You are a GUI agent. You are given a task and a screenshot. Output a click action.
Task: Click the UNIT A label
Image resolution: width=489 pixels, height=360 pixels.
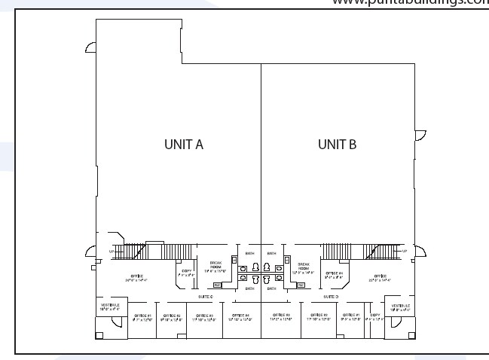pos(184,145)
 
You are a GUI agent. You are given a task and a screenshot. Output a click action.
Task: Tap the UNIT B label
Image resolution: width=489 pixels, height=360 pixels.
pos(337,145)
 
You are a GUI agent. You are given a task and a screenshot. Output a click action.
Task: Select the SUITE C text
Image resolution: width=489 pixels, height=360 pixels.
pos(205,297)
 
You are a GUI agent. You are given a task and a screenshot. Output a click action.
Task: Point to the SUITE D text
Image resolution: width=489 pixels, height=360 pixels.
pos(331,297)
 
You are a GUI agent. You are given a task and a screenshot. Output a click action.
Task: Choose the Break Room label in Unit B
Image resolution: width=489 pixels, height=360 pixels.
pos(304,267)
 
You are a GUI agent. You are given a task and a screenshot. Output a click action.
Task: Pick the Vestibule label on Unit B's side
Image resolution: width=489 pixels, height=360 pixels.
pos(399,307)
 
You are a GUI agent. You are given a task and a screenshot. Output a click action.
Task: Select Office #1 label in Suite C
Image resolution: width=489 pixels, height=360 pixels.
pos(142,317)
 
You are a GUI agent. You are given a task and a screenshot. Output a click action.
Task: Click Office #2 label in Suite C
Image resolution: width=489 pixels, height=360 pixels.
pos(173,317)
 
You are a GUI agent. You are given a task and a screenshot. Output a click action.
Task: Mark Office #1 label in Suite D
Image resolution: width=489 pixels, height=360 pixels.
pos(352,317)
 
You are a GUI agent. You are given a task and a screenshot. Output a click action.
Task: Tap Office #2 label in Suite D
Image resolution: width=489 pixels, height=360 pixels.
pos(319,317)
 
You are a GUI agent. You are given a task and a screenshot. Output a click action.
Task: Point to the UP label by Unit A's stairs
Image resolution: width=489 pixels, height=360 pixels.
pos(112,250)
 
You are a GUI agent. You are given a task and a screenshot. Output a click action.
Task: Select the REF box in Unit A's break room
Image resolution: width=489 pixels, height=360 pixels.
pos(217,285)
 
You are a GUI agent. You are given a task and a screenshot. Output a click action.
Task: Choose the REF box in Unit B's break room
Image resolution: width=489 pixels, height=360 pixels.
pos(301,285)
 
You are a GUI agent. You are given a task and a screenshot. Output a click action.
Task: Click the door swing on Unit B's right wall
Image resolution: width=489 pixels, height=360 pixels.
pos(421,136)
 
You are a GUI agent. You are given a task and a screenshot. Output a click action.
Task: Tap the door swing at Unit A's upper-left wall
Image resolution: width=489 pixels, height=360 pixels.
pos(90,47)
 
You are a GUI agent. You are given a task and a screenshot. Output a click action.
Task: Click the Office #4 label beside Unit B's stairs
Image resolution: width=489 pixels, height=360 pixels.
pos(334,274)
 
